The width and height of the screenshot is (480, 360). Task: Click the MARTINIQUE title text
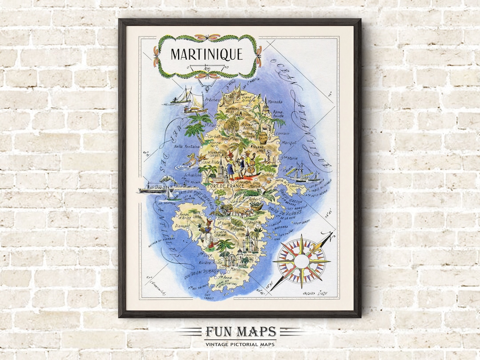(207, 55)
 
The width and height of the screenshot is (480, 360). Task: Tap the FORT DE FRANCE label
(228, 186)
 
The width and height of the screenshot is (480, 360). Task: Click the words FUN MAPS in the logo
(240, 332)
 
